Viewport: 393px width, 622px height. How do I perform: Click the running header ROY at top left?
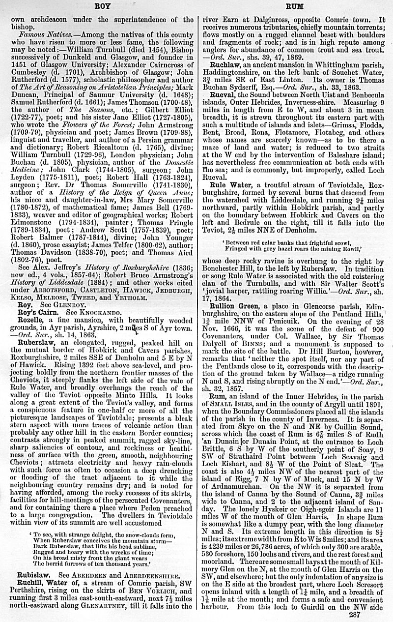(x=102, y=7)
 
